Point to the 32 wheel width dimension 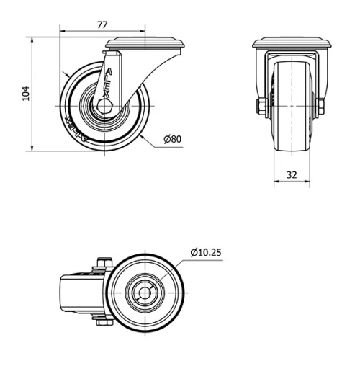point(292,174)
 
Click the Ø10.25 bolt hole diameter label point(206,252)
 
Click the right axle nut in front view point(320,106)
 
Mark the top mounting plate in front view point(292,45)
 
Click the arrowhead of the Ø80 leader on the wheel point(144,135)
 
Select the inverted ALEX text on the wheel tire point(76,130)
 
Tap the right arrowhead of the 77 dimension point(143,32)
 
